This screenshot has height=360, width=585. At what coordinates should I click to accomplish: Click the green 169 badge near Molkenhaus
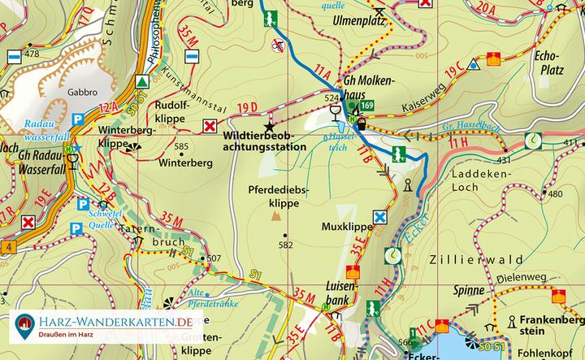(368, 106)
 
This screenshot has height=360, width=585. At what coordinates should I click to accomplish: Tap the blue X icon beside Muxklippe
(379, 217)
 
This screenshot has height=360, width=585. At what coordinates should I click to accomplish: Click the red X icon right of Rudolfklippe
(210, 125)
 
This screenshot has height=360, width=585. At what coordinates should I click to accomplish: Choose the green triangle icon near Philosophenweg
(143, 81)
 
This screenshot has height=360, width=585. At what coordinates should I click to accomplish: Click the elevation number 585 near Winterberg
(181, 147)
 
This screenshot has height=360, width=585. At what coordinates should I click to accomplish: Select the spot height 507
(214, 259)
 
